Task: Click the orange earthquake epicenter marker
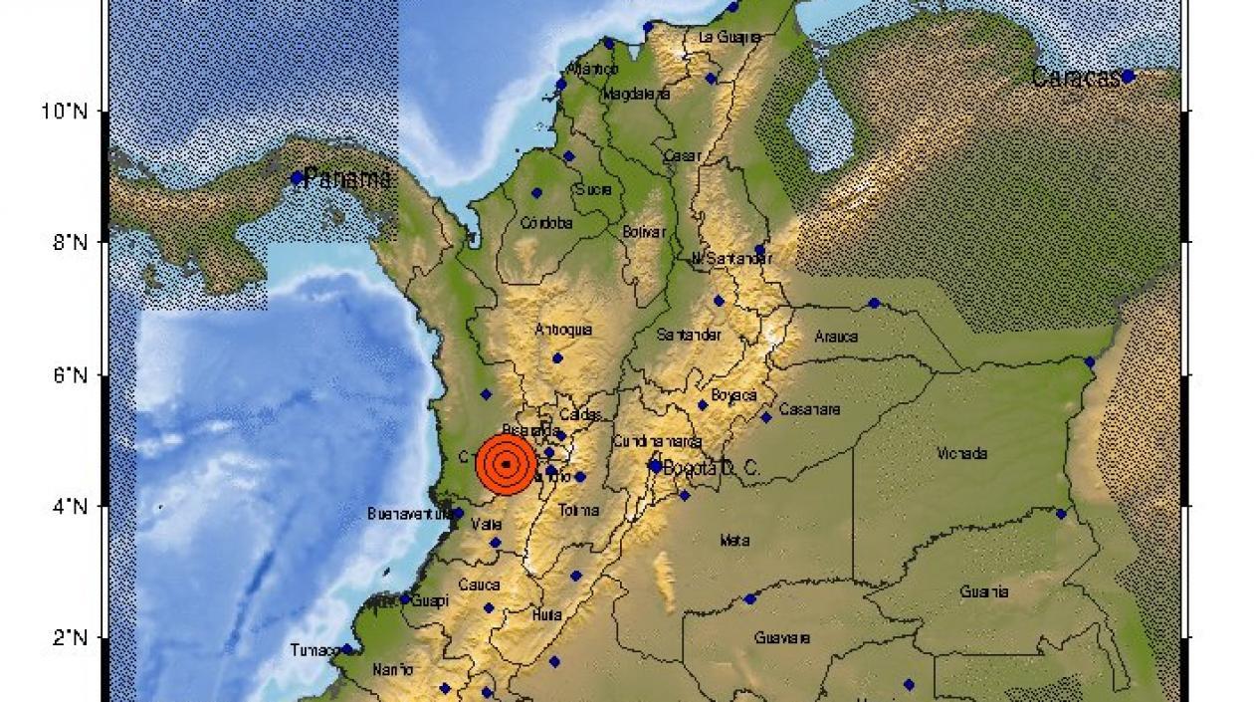coord(507,464)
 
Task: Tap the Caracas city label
coord(1076,78)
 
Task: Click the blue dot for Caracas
coord(1128,76)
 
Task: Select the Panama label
coord(346,179)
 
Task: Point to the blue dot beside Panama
coord(297,178)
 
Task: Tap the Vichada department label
coord(962,454)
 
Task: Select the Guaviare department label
coord(782,637)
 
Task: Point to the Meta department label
coord(734,541)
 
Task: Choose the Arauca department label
coord(836,337)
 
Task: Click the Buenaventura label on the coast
coord(408,514)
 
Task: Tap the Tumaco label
coord(314,650)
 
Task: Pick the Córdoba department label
coord(547,224)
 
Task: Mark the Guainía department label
coord(983,592)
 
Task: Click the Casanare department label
coord(809,409)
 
